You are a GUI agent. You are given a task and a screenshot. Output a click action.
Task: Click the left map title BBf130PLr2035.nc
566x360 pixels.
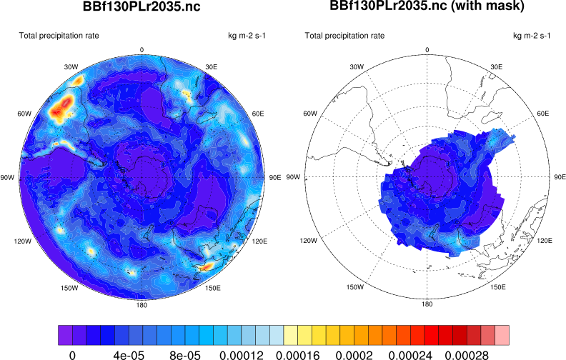tap(141, 8)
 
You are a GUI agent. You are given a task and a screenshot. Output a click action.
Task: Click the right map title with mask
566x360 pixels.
tap(427, 7)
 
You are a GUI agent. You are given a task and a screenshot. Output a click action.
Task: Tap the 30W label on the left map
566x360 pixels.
tap(71, 66)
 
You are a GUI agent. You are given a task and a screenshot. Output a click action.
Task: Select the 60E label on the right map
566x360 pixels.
tap(543, 114)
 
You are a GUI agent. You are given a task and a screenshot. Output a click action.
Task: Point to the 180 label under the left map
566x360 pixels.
tap(141, 305)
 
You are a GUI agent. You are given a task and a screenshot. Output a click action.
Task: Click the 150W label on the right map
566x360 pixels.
tap(357, 288)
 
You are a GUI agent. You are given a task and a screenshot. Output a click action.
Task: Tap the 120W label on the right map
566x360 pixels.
tap(309, 241)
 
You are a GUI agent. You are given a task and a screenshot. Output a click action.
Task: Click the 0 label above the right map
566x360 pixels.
tap(427, 49)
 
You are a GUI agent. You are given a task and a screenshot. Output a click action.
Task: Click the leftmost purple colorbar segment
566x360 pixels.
tap(64, 334)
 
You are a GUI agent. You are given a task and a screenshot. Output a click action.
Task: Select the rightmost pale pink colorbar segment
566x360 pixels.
tap(502, 334)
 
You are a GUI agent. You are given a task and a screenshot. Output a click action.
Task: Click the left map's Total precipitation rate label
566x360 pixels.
tap(59, 35)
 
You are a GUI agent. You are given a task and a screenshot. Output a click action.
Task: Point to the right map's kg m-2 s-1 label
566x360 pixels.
tap(532, 35)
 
